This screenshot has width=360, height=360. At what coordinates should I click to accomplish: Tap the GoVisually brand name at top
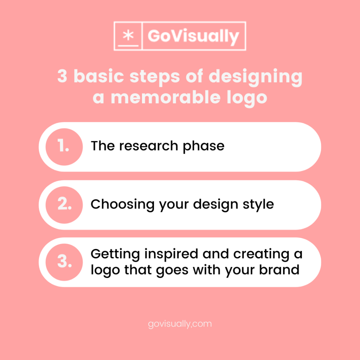tap(193, 37)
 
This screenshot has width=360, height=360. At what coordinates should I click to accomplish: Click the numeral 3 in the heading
tap(62, 76)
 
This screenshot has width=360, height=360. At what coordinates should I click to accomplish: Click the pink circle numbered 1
tap(64, 147)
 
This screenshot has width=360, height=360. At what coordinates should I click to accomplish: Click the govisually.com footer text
tap(180, 323)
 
